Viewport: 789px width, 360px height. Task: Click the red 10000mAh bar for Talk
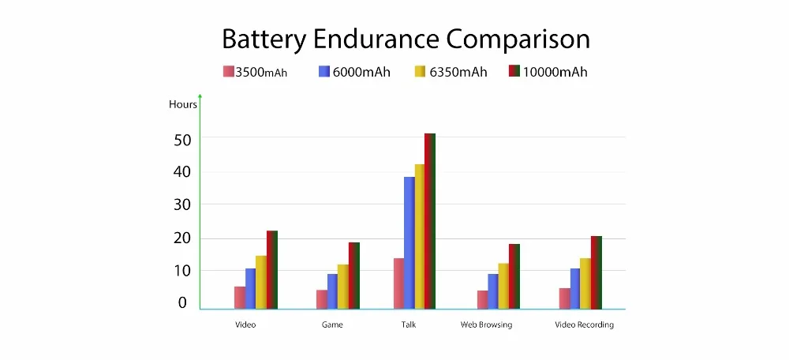tap(430, 221)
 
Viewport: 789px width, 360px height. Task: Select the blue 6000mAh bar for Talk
tap(409, 242)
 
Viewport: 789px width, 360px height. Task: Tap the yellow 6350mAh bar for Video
tap(261, 282)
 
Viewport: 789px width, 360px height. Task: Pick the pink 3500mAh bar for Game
tap(322, 299)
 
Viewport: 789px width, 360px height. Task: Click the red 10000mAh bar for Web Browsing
tap(514, 276)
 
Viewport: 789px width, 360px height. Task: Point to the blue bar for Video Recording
tap(575, 288)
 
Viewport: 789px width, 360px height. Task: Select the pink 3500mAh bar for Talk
tap(398, 283)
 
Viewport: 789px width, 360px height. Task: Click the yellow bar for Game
tap(343, 287)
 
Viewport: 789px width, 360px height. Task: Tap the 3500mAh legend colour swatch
tap(229, 72)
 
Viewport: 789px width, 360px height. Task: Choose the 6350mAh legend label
tap(458, 72)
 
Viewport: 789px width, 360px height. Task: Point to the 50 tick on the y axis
tap(182, 138)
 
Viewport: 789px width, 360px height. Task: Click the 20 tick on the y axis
tap(182, 238)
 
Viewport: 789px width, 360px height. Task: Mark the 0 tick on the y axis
tap(183, 302)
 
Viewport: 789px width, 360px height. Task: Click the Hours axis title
tap(183, 104)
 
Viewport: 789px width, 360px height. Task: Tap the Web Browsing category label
tap(486, 324)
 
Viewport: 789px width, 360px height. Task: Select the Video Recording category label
tap(584, 324)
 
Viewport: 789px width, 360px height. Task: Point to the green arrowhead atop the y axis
tap(200, 97)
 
